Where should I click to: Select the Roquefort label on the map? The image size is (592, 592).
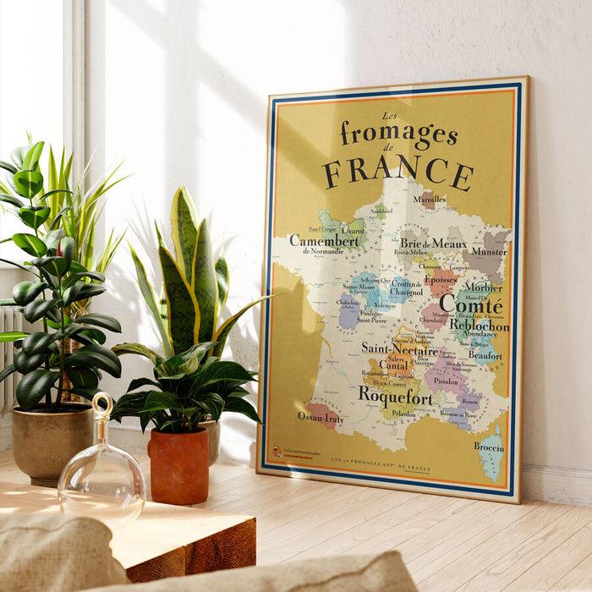tap(394, 393)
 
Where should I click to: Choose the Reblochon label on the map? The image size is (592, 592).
tap(479, 326)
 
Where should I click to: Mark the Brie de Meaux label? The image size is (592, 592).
tap(433, 244)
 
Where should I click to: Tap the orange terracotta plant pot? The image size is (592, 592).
tap(178, 464)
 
